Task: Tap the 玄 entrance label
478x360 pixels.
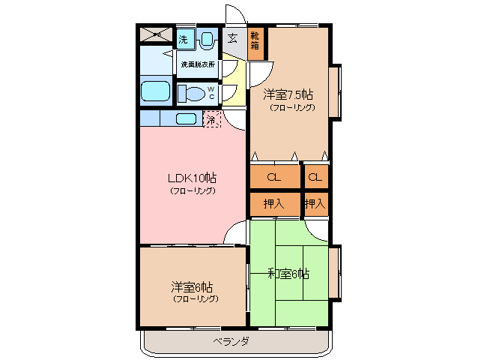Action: [233, 37]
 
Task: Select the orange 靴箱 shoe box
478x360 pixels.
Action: [256, 38]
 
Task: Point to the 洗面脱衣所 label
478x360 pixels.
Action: [198, 64]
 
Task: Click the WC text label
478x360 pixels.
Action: [211, 92]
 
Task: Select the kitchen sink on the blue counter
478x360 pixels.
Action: [186, 118]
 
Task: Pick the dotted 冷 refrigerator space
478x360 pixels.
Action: [212, 118]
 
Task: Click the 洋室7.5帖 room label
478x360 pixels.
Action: [288, 95]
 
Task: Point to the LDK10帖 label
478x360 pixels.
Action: [192, 178]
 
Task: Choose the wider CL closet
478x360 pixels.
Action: [274, 178]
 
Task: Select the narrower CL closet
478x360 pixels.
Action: [315, 178]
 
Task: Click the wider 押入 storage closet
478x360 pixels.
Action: [274, 203]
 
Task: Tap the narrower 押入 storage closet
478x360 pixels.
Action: [315, 203]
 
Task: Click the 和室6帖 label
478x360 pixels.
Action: [288, 274]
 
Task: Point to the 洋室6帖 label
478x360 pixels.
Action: [192, 286]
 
